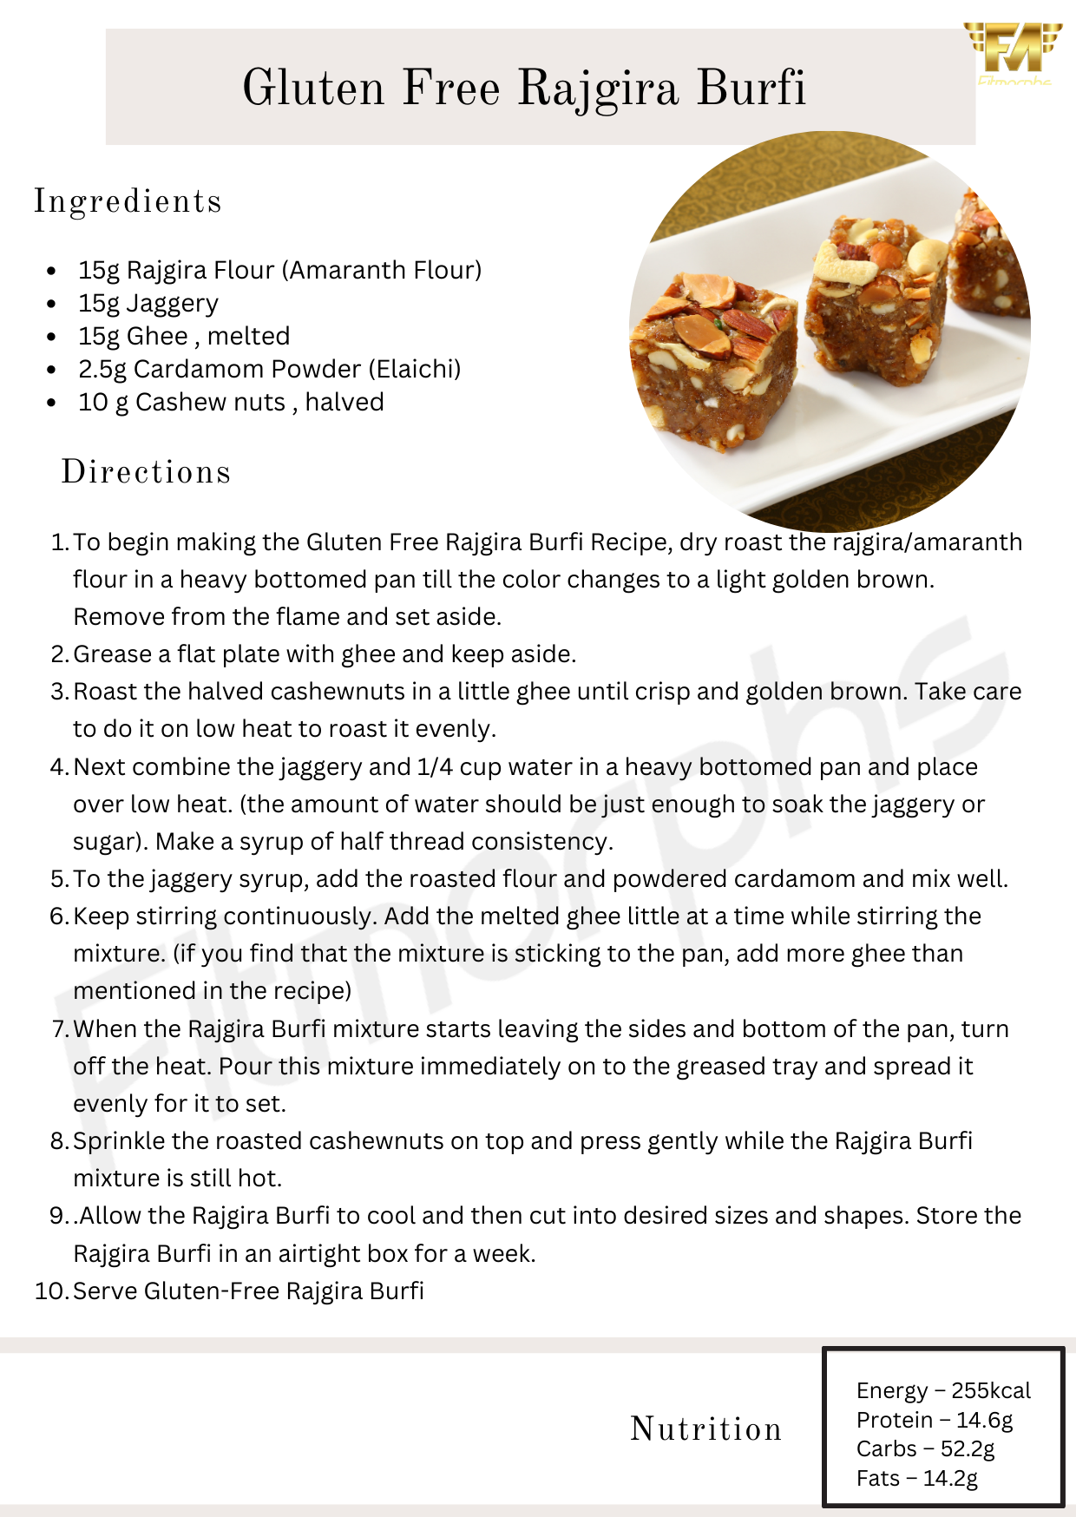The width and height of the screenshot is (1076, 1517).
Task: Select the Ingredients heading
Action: click(128, 201)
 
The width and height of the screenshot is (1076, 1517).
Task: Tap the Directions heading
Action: click(146, 472)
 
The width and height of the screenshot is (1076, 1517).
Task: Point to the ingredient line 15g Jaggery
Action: click(148, 304)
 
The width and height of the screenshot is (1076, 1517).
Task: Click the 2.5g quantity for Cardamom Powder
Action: click(102, 370)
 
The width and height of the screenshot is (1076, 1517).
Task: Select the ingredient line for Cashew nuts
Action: click(231, 403)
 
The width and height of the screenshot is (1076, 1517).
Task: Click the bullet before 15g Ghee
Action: click(53, 338)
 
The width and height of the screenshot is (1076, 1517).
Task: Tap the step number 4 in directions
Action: click(58, 767)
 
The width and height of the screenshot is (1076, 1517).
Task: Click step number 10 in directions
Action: click(50, 1291)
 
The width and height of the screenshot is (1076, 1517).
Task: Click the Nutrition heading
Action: click(706, 1428)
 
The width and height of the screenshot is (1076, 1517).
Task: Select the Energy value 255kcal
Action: click(991, 1391)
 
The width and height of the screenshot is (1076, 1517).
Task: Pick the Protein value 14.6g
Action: click(984, 1421)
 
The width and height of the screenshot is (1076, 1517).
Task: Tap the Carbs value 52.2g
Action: click(968, 1449)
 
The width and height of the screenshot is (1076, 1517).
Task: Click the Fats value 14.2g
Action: click(950, 1479)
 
